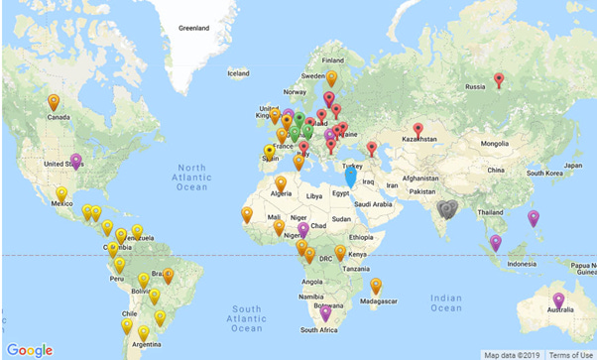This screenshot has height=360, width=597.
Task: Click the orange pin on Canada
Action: (54, 101)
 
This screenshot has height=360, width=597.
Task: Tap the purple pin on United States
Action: (76, 160)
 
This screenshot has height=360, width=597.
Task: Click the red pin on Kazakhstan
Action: (418, 129)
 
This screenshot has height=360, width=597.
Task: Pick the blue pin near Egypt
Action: (350, 177)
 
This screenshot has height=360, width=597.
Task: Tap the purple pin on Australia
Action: (559, 300)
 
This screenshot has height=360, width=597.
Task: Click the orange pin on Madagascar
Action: (376, 286)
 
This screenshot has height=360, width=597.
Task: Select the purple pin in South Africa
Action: (325, 313)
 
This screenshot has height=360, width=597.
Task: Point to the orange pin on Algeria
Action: (282, 182)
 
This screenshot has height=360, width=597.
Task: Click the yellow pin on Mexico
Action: (61, 192)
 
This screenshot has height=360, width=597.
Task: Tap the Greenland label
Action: (193, 28)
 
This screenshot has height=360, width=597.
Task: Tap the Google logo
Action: (30, 350)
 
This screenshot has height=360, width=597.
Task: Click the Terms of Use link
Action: (571, 354)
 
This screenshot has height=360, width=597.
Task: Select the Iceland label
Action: (239, 73)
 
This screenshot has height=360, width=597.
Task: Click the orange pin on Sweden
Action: (331, 76)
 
